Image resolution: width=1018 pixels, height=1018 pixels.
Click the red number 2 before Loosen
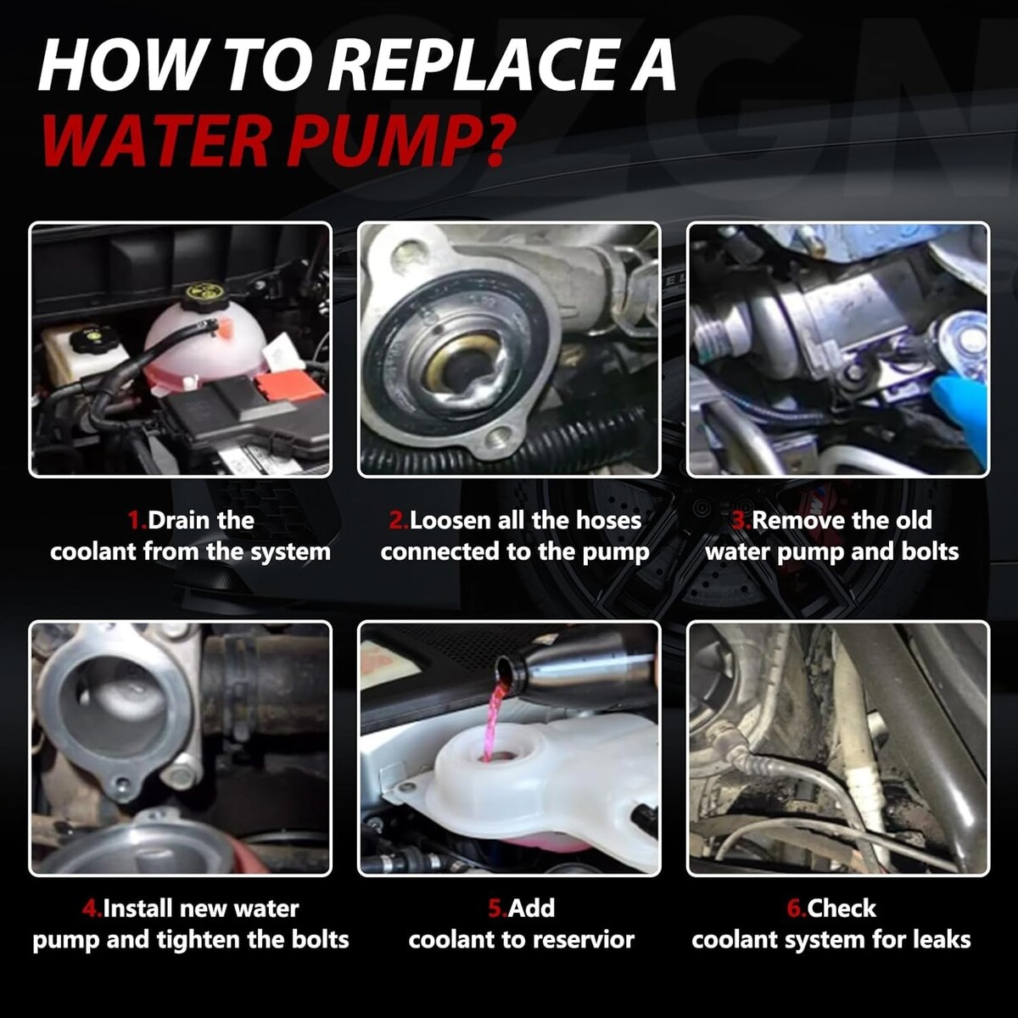[396, 521]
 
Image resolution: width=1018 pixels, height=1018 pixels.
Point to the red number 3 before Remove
[740, 521]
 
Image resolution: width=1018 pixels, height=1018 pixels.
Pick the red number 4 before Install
[90, 909]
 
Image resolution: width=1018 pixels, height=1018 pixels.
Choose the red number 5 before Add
[496, 909]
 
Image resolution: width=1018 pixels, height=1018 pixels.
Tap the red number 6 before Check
[795, 909]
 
